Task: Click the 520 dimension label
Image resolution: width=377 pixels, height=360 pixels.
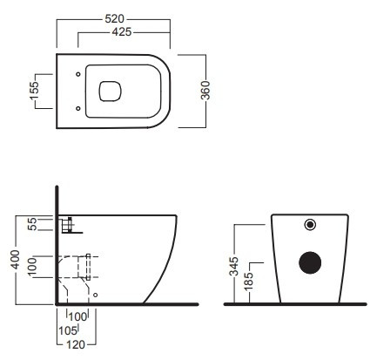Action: point(114,19)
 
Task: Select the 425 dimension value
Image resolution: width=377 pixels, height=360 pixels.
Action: point(122,32)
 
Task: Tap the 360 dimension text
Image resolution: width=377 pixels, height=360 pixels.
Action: point(205,91)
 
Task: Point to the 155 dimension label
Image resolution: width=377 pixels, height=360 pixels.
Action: point(34,91)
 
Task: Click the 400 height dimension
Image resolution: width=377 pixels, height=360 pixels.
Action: point(15,260)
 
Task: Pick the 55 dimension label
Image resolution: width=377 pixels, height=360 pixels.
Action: point(33,224)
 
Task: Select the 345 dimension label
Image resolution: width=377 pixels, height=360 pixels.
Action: point(233,266)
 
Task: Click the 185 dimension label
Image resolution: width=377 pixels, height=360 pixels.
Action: point(248,282)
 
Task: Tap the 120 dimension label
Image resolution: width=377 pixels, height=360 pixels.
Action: point(76,345)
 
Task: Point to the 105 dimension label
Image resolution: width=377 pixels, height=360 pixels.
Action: point(68,330)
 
